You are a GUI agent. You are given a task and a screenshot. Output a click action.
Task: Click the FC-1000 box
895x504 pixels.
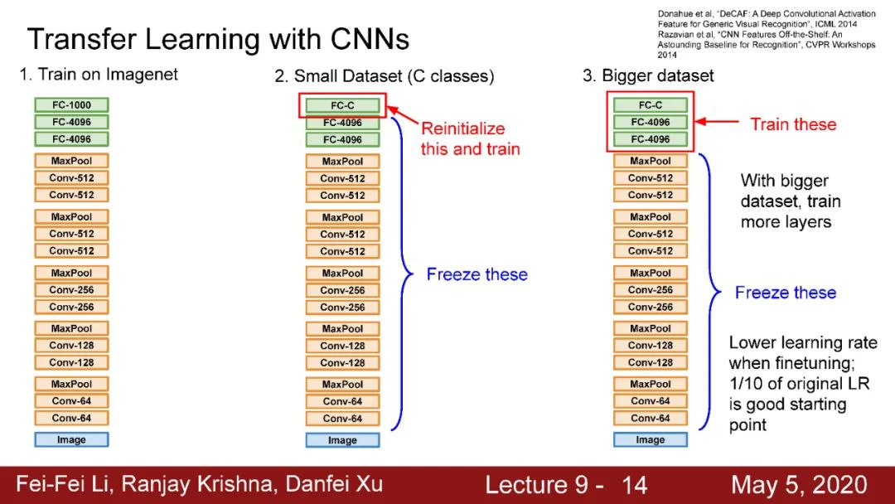click(71, 105)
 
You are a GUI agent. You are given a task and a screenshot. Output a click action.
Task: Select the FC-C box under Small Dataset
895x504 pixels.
click(342, 106)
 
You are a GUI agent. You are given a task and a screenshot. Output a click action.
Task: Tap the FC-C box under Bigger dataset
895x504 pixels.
click(651, 105)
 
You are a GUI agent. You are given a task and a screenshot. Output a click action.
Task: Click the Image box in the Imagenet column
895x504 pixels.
click(71, 439)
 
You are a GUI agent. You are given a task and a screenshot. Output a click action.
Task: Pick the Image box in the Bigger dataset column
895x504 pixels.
click(651, 439)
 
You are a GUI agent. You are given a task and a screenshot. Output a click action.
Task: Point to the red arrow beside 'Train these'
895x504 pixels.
click(716, 123)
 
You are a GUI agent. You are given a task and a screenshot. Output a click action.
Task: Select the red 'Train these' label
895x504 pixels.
click(793, 124)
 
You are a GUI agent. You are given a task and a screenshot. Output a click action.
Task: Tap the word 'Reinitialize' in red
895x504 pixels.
click(462, 128)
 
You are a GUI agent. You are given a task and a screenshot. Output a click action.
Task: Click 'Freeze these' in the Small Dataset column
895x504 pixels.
click(477, 274)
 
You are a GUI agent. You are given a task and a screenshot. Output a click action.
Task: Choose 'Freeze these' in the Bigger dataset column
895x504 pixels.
click(786, 293)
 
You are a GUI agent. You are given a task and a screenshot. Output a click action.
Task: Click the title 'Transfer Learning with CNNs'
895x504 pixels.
click(218, 39)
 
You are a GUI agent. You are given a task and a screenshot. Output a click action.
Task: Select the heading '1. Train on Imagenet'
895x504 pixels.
click(99, 75)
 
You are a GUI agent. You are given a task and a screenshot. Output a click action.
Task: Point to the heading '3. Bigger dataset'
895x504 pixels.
click(648, 75)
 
